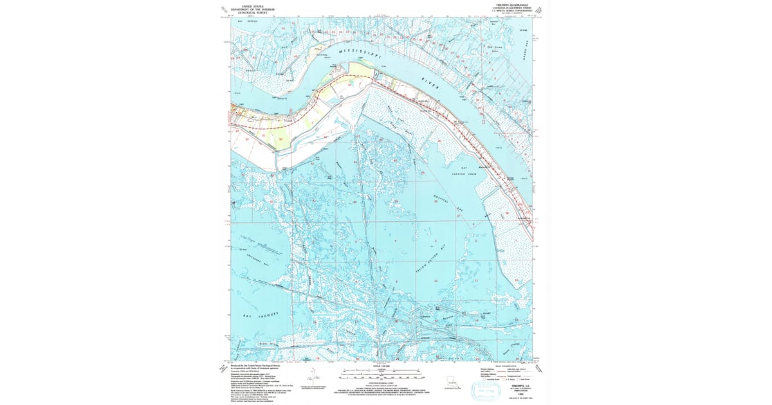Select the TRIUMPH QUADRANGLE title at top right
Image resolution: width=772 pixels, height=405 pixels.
click(510, 4)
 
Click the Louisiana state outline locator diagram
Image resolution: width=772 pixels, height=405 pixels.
click(450, 381)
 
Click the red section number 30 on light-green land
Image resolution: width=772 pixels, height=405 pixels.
click(280, 138)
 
